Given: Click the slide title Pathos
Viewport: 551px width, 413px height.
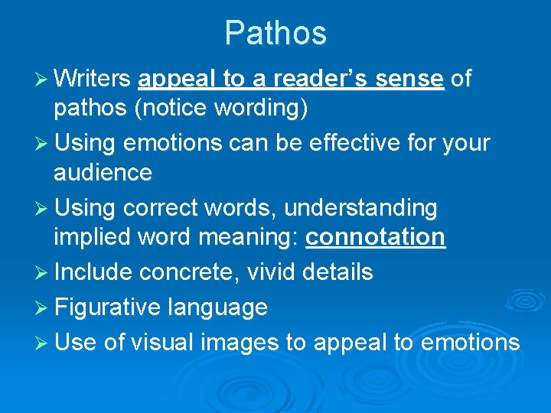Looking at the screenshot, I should (x=275, y=33).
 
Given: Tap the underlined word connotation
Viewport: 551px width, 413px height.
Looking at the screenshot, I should (x=375, y=237).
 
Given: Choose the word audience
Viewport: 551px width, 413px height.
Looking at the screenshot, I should (x=103, y=173).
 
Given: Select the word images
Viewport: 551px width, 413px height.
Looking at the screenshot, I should (x=240, y=342).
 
